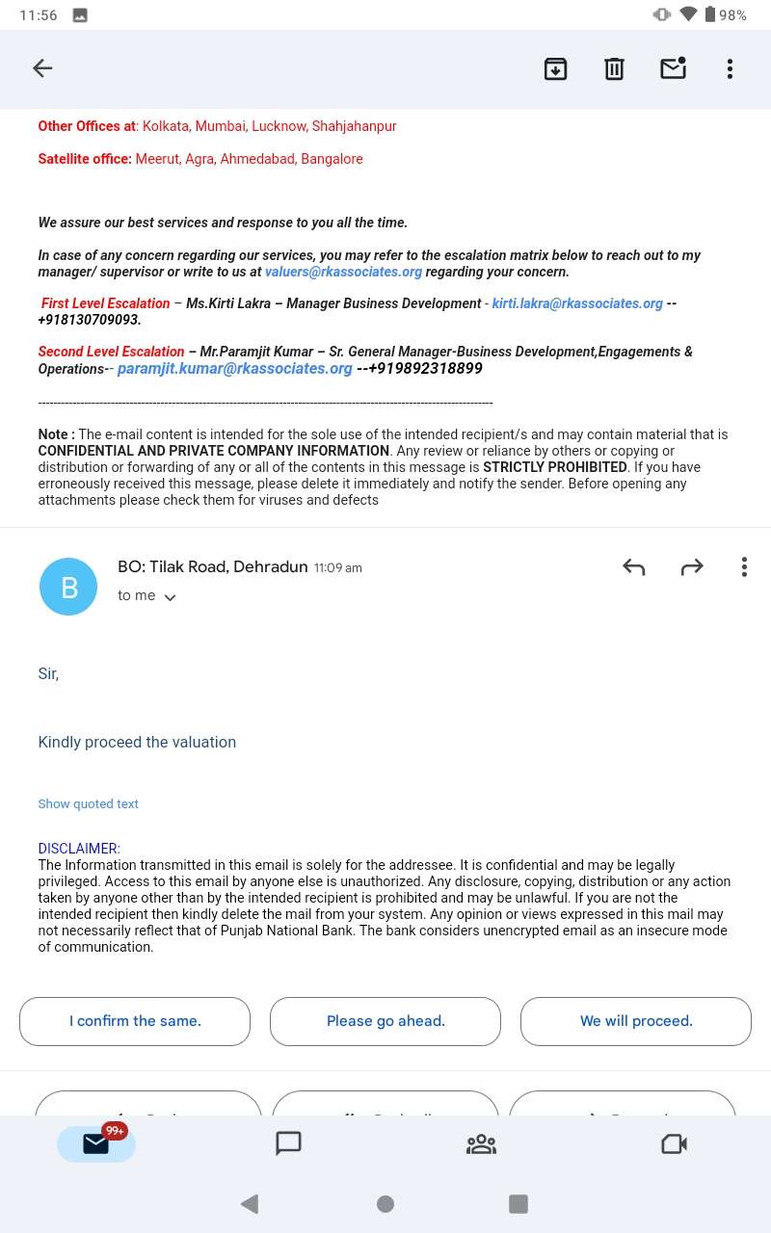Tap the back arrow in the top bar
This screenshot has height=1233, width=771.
tap(42, 68)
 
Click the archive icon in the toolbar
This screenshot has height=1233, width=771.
tap(556, 68)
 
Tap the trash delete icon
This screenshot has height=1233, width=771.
tap(614, 68)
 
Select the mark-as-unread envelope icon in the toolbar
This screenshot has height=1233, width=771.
tap(673, 68)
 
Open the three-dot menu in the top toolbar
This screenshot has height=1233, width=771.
tap(730, 68)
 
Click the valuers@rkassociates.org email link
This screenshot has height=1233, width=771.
tap(343, 272)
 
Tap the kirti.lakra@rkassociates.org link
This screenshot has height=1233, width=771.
tap(577, 303)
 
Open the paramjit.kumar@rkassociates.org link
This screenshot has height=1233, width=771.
tap(234, 369)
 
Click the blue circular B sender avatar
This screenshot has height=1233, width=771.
tap(68, 587)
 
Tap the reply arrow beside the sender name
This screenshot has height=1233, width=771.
tap(633, 567)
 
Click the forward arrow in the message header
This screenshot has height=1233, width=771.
tap(692, 567)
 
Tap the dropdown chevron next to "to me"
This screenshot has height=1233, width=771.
tap(171, 597)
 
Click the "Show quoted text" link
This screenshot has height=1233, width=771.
tap(89, 803)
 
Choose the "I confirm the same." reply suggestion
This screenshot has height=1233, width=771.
tap(135, 1021)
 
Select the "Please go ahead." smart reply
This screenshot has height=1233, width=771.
tap(385, 1021)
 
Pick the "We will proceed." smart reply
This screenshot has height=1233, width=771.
tap(636, 1021)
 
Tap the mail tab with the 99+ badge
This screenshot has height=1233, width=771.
tap(96, 1143)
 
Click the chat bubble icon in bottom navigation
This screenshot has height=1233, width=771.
tap(288, 1143)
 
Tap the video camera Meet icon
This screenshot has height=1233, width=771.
tap(674, 1143)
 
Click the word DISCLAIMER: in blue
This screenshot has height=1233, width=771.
tap(79, 849)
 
